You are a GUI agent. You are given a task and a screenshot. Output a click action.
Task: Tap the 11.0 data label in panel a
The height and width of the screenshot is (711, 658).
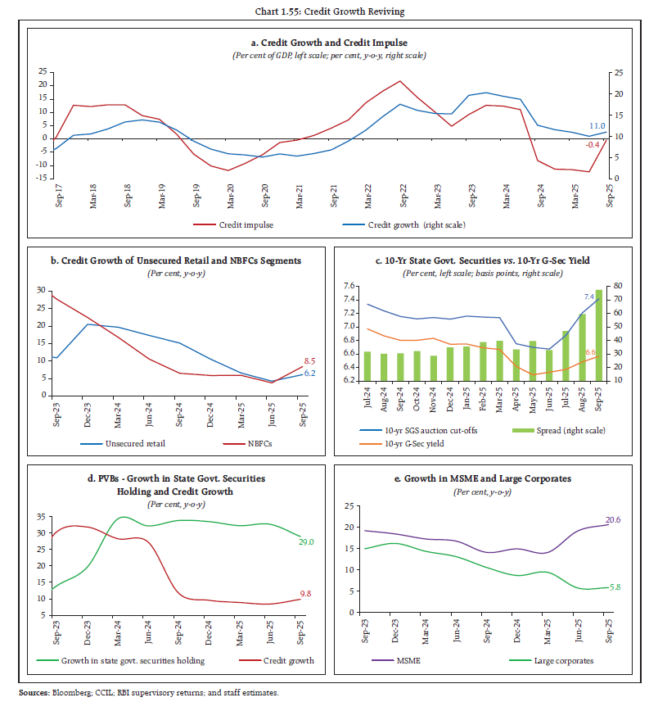click(x=597, y=126)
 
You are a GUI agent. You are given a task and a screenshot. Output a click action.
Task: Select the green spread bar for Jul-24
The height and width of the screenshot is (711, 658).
click(x=367, y=365)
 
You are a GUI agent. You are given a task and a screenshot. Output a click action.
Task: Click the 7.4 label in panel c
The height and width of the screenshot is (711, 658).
click(x=588, y=297)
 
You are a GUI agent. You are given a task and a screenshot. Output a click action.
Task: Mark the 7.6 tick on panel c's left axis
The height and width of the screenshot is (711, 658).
click(x=347, y=286)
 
